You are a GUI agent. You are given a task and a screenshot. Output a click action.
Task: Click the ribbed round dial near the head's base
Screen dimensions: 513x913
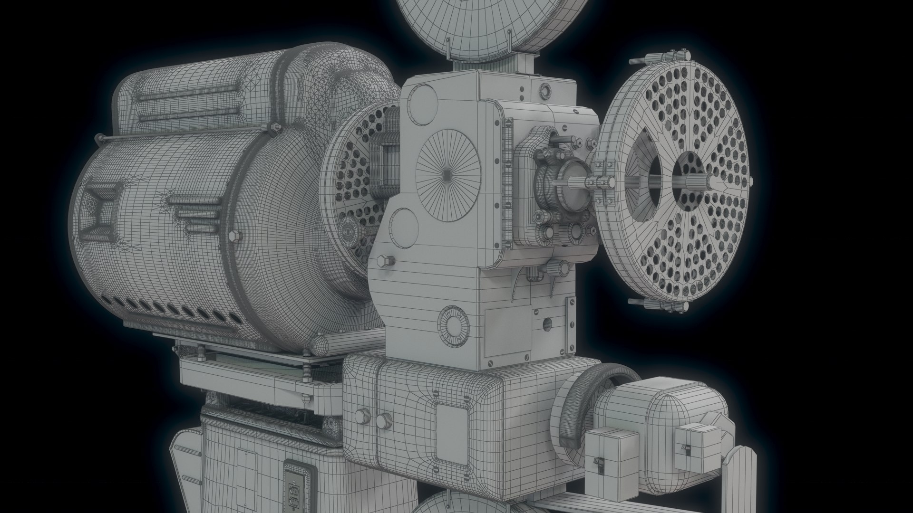coord(453,323)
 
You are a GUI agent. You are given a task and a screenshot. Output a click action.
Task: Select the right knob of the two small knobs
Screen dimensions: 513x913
coord(383,421)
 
